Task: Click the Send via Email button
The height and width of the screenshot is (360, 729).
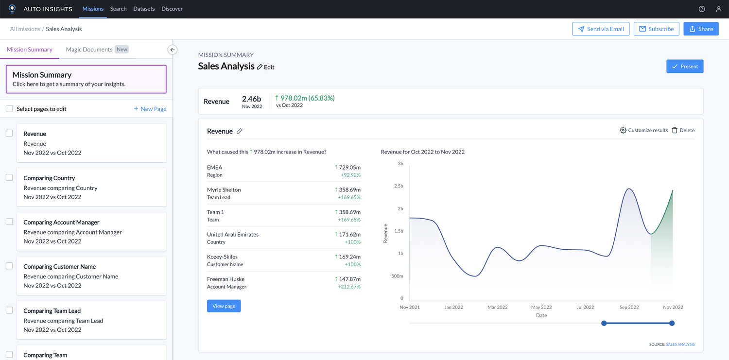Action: click(601, 29)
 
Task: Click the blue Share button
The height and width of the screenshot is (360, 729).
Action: click(700, 29)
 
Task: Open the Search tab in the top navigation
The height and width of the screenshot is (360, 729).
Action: click(118, 9)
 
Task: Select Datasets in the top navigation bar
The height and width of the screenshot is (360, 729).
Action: click(144, 9)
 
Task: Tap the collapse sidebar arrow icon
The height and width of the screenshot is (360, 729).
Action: click(173, 50)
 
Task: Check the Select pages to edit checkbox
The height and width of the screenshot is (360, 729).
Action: click(9, 109)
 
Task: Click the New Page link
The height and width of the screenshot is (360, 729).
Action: click(150, 109)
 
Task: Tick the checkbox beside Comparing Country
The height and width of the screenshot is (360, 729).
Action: click(9, 177)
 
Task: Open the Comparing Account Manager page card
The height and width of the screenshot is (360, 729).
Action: click(91, 231)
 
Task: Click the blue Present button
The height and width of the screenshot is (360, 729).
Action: click(685, 67)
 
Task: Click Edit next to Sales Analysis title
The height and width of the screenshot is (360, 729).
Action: click(266, 67)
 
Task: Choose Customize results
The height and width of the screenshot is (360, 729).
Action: click(643, 130)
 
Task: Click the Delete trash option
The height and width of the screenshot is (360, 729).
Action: click(683, 130)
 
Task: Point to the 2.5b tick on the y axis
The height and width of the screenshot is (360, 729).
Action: click(398, 186)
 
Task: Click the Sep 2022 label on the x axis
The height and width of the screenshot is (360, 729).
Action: click(629, 307)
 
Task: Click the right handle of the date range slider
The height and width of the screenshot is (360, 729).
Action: click(672, 323)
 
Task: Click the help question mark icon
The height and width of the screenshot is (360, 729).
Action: click(702, 9)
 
